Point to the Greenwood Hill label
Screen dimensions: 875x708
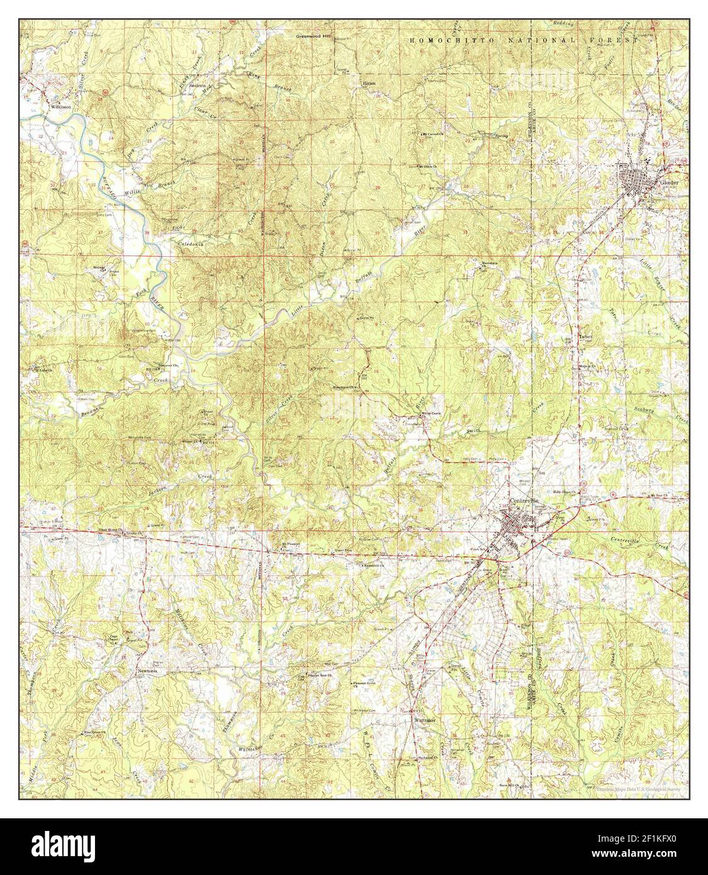(313, 37)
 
